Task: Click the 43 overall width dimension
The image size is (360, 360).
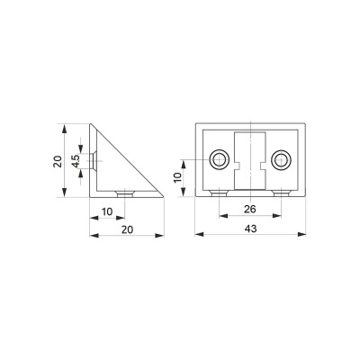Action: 250,229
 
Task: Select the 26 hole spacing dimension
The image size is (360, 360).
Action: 250,209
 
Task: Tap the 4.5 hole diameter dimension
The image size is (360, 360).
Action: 76,161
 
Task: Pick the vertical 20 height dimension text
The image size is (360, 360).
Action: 58,161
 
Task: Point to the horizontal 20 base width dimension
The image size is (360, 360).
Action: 127,229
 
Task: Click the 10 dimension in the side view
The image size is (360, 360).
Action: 107,211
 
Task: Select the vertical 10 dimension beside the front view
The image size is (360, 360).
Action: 177,177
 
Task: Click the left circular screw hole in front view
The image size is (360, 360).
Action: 220,159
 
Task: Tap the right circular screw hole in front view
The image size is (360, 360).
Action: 281,159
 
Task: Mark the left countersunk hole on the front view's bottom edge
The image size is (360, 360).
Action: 220,193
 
